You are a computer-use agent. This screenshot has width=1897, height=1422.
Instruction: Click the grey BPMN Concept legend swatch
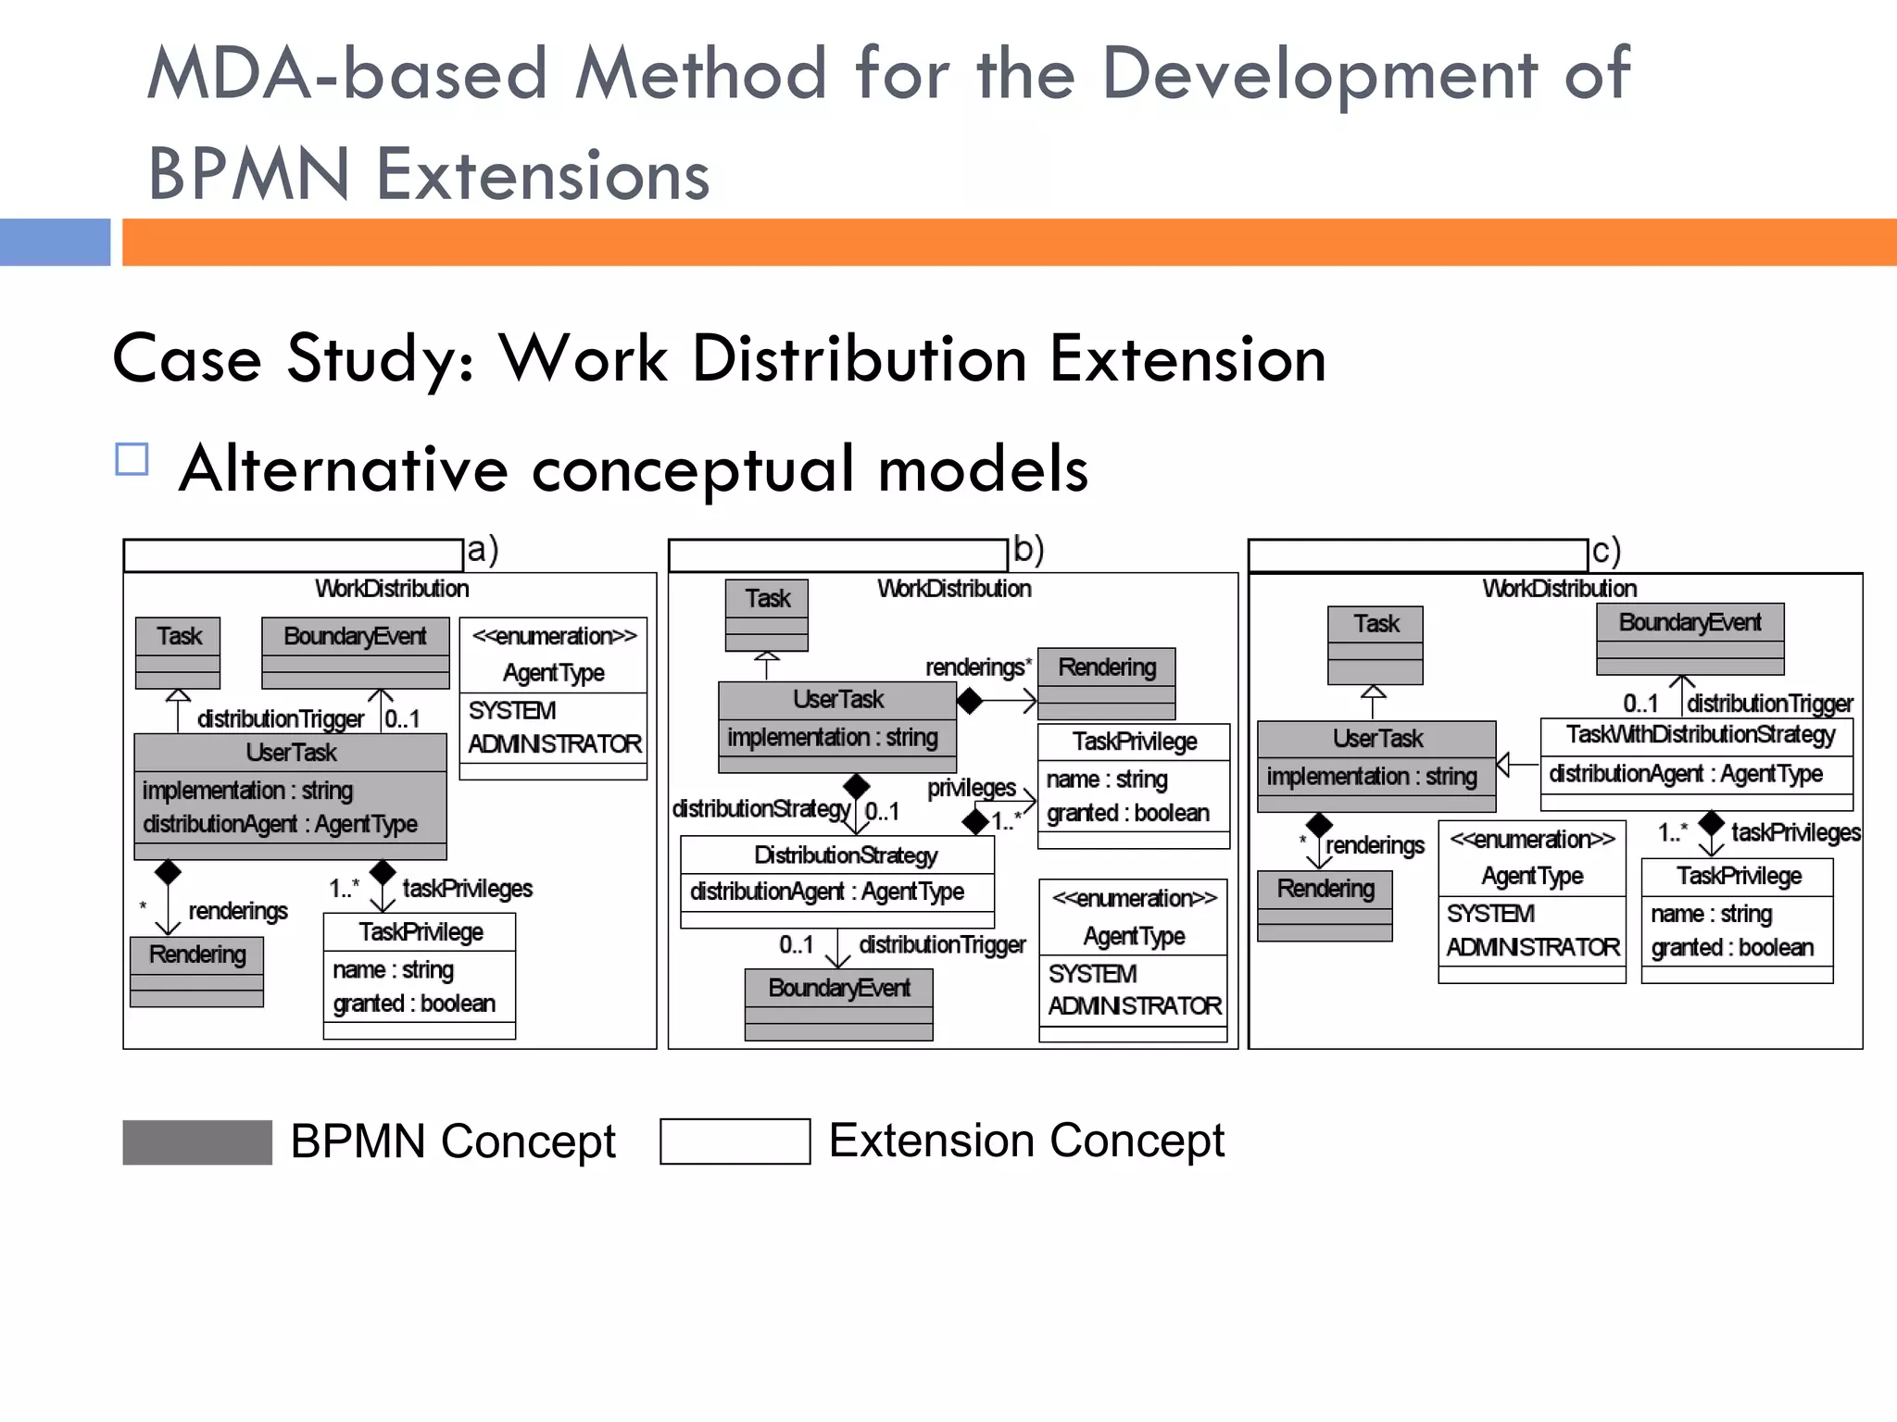pyautogui.click(x=196, y=1141)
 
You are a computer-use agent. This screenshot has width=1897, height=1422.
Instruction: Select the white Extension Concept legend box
pyautogui.click(x=735, y=1141)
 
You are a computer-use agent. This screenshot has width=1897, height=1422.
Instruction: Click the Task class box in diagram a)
pyautogui.click(x=178, y=652)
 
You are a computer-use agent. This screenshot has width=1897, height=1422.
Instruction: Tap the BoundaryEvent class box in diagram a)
pyautogui.click(x=356, y=652)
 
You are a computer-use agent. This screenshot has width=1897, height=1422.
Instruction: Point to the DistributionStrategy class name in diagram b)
pyautogui.click(x=845, y=855)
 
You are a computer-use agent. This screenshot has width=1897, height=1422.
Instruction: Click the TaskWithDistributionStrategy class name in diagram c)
pyautogui.click(x=1700, y=735)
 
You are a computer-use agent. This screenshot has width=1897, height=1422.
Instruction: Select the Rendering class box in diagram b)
pyautogui.click(x=1107, y=682)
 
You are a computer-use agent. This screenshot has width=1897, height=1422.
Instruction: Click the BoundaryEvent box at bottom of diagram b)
pyautogui.click(x=839, y=1004)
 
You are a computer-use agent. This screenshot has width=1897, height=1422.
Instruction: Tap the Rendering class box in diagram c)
pyautogui.click(x=1325, y=904)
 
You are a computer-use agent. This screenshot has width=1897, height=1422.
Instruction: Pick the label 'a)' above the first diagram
pyautogui.click(x=483, y=549)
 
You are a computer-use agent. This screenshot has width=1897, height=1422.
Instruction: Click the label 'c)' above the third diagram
pyautogui.click(x=1605, y=552)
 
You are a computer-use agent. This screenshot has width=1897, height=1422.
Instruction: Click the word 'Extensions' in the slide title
pyautogui.click(x=543, y=175)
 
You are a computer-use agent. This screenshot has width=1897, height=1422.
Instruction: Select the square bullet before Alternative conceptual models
pyautogui.click(x=132, y=460)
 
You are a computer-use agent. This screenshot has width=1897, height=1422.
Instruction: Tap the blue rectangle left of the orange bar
pyautogui.click(x=55, y=243)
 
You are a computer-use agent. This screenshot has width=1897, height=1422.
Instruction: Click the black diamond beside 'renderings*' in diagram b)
pyautogui.click(x=969, y=702)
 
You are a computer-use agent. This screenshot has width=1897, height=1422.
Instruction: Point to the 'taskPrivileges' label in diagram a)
pyautogui.click(x=467, y=889)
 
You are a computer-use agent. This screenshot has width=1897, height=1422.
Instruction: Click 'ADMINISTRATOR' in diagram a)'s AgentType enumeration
pyautogui.click(x=554, y=744)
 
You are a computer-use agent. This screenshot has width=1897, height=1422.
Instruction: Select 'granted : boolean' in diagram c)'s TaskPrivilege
pyautogui.click(x=1731, y=948)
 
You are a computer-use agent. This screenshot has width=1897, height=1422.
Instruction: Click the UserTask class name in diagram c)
pyautogui.click(x=1377, y=739)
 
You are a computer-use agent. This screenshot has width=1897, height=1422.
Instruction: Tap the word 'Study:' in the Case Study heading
pyautogui.click(x=381, y=358)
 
